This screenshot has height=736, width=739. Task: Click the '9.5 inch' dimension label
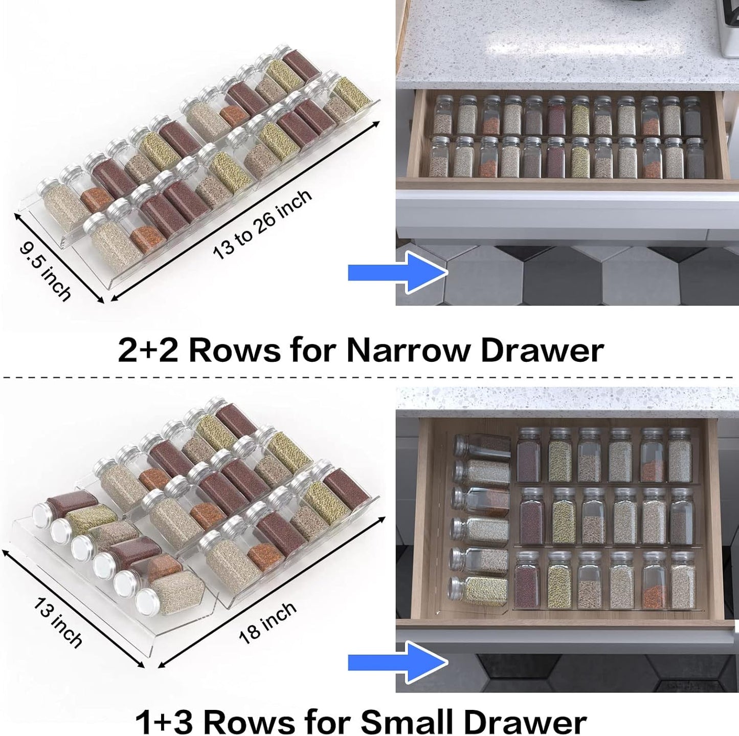[45, 270]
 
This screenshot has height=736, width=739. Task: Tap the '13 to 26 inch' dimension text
[262, 224]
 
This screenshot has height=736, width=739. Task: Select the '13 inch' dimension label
[57, 622]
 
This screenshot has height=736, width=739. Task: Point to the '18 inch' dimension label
[267, 622]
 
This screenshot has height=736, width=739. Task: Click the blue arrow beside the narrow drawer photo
[397, 272]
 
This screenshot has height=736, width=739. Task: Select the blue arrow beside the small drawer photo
[397, 662]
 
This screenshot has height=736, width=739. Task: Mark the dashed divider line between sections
[368, 378]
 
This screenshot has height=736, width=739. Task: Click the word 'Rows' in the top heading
[234, 351]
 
